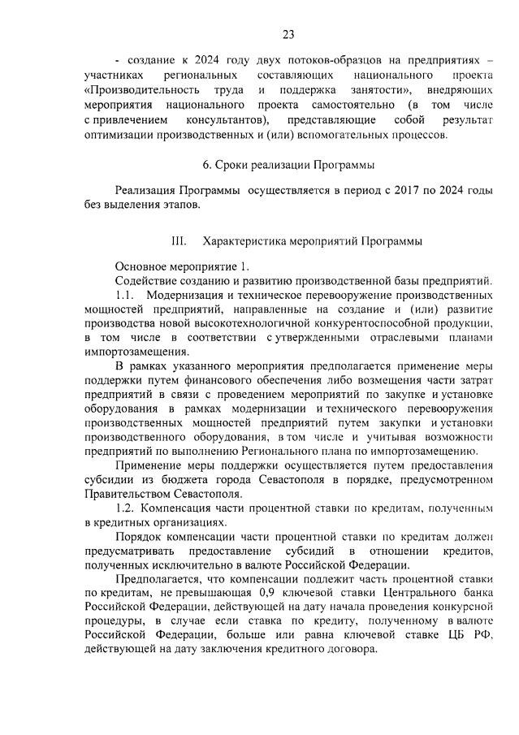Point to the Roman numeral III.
pyautogui.click(x=179, y=241)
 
